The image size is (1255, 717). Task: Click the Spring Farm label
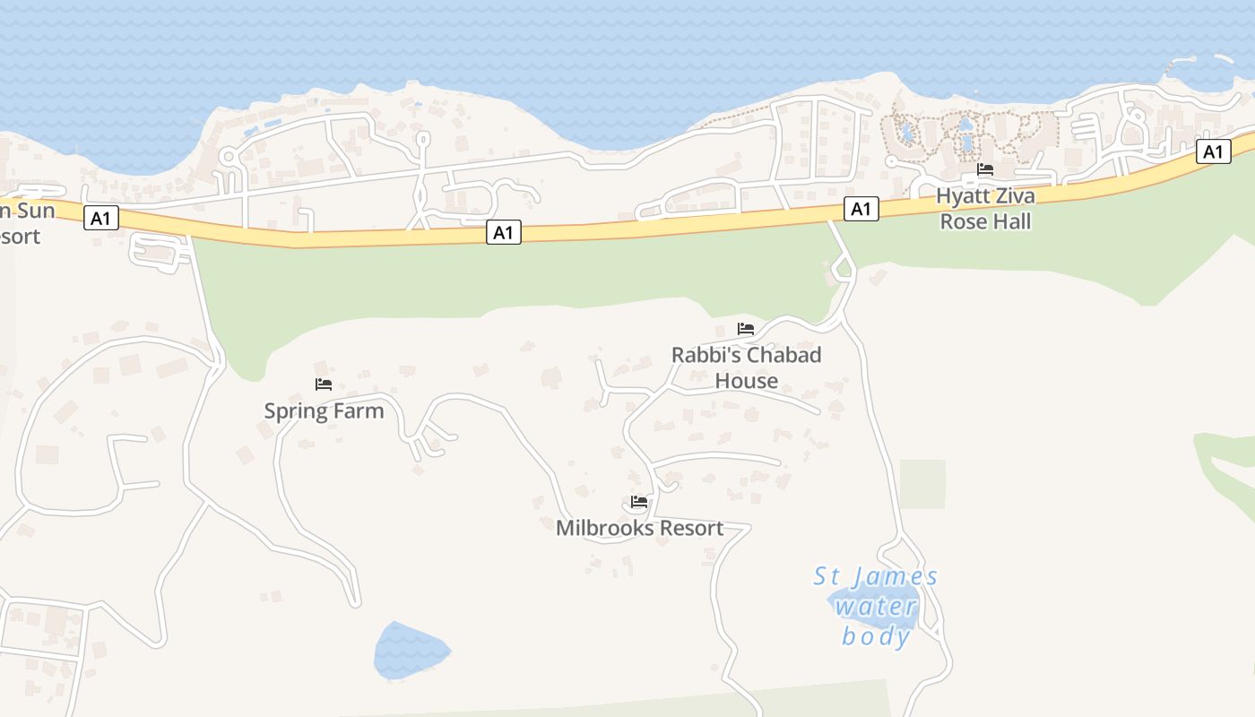[324, 411]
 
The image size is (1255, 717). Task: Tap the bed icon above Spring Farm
[324, 384]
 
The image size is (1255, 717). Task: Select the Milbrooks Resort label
[639, 528]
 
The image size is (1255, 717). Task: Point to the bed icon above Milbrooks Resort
[639, 502]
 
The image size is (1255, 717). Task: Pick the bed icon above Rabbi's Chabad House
[746, 329]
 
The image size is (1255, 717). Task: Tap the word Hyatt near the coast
[963, 196]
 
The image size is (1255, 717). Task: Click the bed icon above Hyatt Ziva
[985, 169]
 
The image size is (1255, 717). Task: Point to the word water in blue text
[876, 607]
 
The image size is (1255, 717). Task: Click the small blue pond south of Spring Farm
[411, 651]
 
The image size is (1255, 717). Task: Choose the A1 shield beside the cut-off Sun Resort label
[101, 218]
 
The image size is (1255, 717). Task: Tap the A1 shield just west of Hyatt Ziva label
[861, 210]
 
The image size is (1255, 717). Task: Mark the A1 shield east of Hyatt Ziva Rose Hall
[1213, 152]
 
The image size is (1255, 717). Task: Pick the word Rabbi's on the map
[705, 355]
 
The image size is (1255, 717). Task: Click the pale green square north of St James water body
[922, 484]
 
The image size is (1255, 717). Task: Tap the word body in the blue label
[876, 636]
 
